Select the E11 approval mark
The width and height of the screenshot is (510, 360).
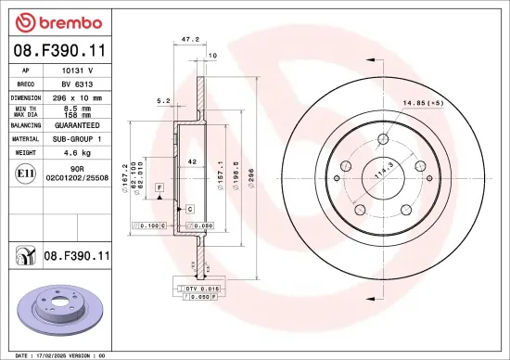[x=23, y=172]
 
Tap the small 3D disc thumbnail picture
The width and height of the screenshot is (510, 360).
[x=59, y=307]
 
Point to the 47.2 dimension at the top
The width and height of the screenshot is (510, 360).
[x=189, y=40]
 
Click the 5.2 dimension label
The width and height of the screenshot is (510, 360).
[x=163, y=100]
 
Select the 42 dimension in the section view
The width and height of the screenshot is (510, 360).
[x=192, y=161]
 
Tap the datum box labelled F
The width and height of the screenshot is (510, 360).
[x=159, y=188]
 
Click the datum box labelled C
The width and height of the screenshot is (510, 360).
[x=188, y=209]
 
